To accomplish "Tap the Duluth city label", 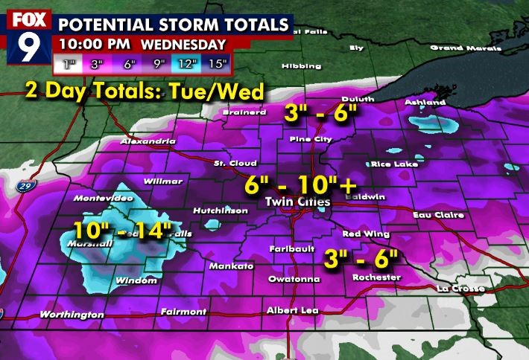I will click(357, 99).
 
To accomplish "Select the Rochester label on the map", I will click(377, 278).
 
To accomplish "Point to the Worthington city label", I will click(72, 315).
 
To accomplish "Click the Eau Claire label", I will click(439, 215).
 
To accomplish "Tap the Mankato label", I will click(232, 266).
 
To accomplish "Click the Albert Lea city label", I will click(292, 310).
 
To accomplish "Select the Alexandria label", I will click(149, 141).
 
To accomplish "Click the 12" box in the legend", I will click(187, 64).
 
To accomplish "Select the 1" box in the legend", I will click(71, 64).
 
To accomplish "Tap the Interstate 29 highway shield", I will click(24, 187).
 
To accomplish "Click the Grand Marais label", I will click(457, 48).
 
